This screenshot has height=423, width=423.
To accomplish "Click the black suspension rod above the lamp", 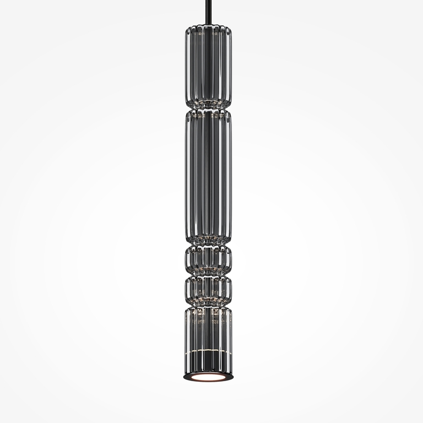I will pyautogui.click(x=208, y=11).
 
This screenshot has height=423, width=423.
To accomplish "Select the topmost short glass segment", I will pyautogui.click(x=208, y=66).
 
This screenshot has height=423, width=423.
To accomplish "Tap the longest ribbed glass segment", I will pyautogui.click(x=208, y=176).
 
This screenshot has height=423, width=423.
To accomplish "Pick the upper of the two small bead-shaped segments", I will pyautogui.click(x=208, y=259).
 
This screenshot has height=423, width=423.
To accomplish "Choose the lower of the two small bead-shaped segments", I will pyautogui.click(x=208, y=290).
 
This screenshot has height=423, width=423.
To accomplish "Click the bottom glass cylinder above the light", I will pyautogui.click(x=208, y=336).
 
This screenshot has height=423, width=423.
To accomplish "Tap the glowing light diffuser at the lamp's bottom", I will pyautogui.click(x=208, y=377).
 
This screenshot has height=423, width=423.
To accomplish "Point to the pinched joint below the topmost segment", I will pyautogui.click(x=208, y=107).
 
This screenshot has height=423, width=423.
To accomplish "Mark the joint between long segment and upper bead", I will pyautogui.click(x=208, y=244).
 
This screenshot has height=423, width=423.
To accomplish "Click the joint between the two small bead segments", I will pyautogui.click(x=208, y=274).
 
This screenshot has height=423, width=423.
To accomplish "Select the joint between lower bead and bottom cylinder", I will pyautogui.click(x=208, y=305).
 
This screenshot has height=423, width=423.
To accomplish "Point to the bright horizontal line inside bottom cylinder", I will pyautogui.click(x=208, y=351).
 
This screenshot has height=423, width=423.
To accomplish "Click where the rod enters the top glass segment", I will pyautogui.click(x=208, y=25).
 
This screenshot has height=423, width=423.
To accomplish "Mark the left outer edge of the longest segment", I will pyautogui.click(x=186, y=176).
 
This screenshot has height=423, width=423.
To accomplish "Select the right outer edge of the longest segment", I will pyautogui.click(x=231, y=176).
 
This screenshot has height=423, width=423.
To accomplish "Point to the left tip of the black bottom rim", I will pyautogui.click(x=183, y=377).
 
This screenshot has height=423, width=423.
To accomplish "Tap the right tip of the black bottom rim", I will pyautogui.click(x=233, y=377).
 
